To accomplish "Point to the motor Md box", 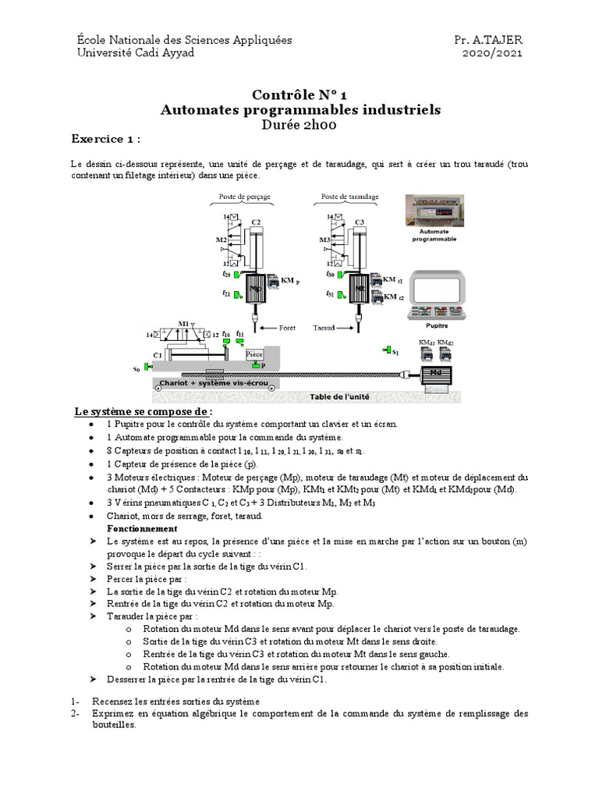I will point(434,375).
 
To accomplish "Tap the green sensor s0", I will point(146,367).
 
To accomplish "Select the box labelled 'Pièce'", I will point(253,354).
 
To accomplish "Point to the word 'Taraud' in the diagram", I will point(323,328).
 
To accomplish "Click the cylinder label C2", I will point(256,223).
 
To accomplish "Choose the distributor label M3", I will point(324,240).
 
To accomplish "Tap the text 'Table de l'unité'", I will point(339,396).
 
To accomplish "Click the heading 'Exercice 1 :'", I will point(106,139).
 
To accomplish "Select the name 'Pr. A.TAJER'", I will point(488,39).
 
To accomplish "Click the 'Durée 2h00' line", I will point(300,124).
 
